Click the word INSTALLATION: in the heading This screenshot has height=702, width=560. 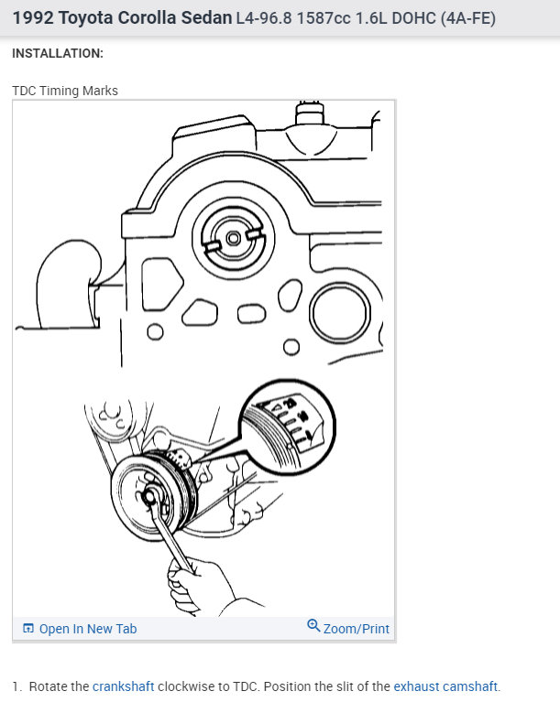click(x=58, y=53)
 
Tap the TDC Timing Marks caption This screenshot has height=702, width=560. click(x=65, y=91)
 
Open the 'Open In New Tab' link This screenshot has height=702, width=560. click(x=87, y=629)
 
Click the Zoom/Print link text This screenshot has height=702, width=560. click(x=356, y=629)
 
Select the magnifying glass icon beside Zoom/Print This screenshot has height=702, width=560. click(x=313, y=627)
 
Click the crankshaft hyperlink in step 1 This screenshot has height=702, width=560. click(x=123, y=686)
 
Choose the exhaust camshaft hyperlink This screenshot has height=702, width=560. click(x=446, y=686)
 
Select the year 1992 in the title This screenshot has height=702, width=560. click(x=33, y=18)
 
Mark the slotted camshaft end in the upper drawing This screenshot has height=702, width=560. click(x=234, y=237)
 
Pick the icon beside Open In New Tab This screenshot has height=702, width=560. click(x=28, y=629)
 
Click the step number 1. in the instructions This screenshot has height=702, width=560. click(x=16, y=686)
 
